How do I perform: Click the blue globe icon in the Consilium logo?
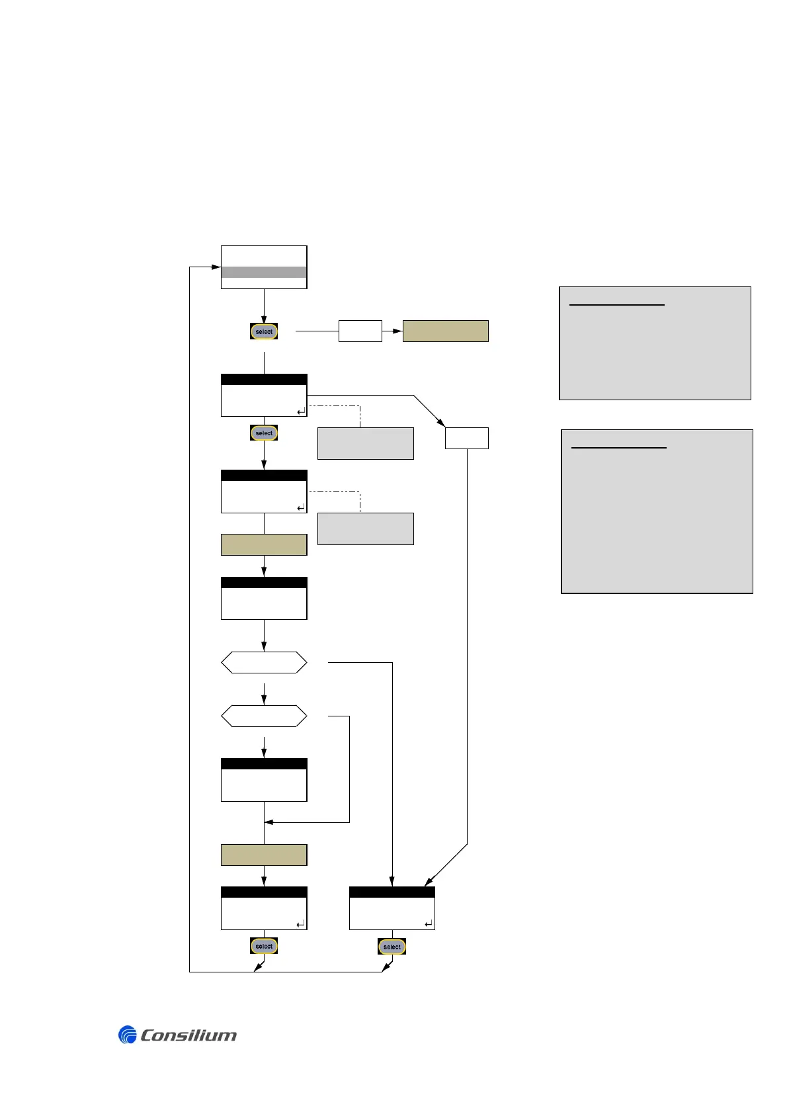pos(127,1035)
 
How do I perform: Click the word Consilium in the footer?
pos(188,1035)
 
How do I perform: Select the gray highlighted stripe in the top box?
pos(264,273)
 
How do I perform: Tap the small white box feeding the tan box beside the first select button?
pos(360,331)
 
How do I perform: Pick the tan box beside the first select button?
pos(445,331)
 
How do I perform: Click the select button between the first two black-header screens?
pos(264,433)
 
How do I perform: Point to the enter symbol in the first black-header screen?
pos(301,411)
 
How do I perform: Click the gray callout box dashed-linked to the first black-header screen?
pos(365,443)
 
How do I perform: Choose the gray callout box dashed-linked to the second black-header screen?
pos(365,529)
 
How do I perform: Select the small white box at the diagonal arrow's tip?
pos(466,438)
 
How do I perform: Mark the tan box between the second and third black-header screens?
pos(264,544)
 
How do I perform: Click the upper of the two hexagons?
pos(264,662)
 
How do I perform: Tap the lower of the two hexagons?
pos(264,716)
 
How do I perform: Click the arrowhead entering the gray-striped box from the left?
pos(216,267)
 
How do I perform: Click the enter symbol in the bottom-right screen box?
pos(429,923)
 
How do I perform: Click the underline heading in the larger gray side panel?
pos(618,448)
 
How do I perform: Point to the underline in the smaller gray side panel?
pos(616,305)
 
